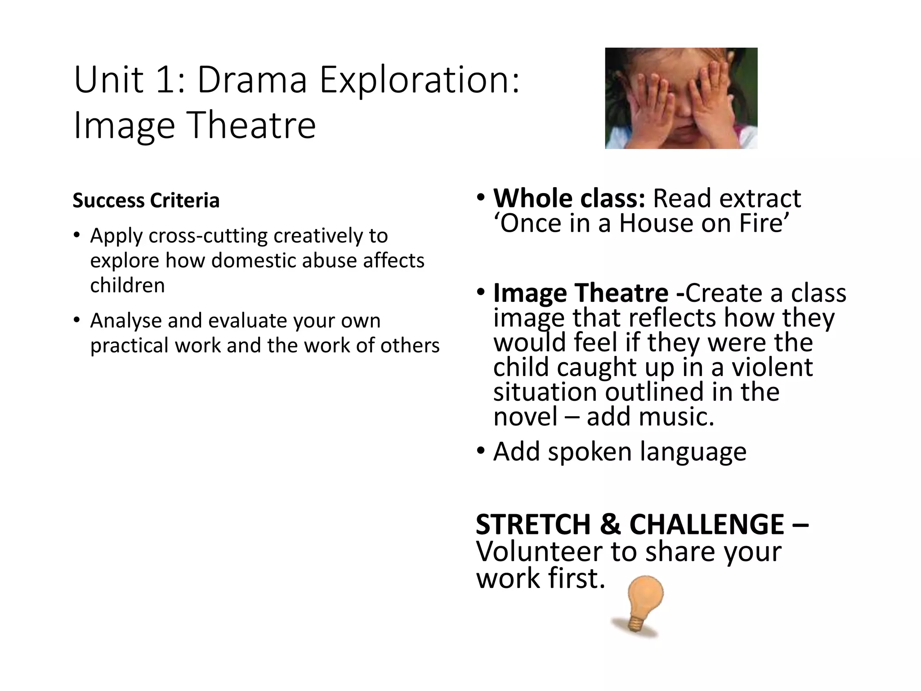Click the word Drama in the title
pyautogui.click(x=252, y=80)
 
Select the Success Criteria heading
pyautogui.click(x=146, y=201)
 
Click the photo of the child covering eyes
pyautogui.click(x=681, y=98)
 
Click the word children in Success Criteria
pyautogui.click(x=127, y=286)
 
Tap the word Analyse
pyautogui.click(x=125, y=321)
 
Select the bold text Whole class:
pyautogui.click(x=569, y=198)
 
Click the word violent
pyautogui.click(x=772, y=368)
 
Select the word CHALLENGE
pyautogui.click(x=707, y=525)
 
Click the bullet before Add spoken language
pyautogui.click(x=481, y=451)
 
